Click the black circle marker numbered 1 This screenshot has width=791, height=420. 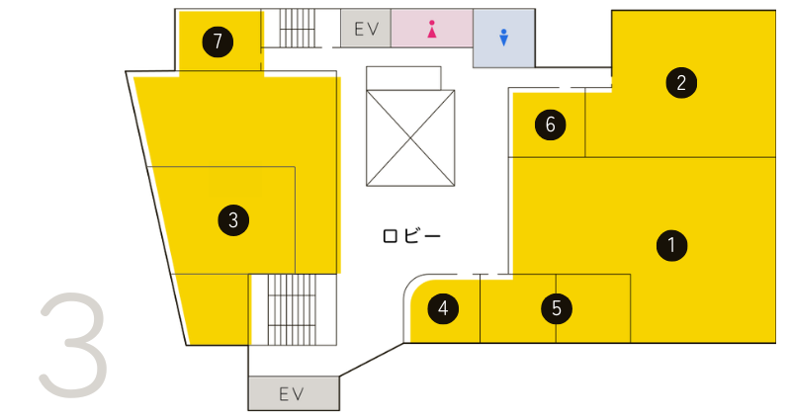coord(672,245)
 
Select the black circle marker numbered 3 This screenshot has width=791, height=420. coord(233,219)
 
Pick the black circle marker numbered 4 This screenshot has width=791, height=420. coord(443,309)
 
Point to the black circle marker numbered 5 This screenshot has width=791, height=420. coord(557,309)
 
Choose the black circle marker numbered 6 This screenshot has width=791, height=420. coord(550,125)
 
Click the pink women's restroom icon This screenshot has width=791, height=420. coord(432,30)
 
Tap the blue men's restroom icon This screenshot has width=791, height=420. coord(503,37)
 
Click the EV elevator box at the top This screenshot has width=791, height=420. coord(367,29)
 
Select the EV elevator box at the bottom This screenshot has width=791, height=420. coord(293,394)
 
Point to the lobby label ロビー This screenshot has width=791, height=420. coord(410,236)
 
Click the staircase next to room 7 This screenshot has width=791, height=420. coord(296,30)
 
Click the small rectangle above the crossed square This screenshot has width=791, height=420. coord(403,77)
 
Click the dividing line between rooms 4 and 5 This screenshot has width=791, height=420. coord(481,309)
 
